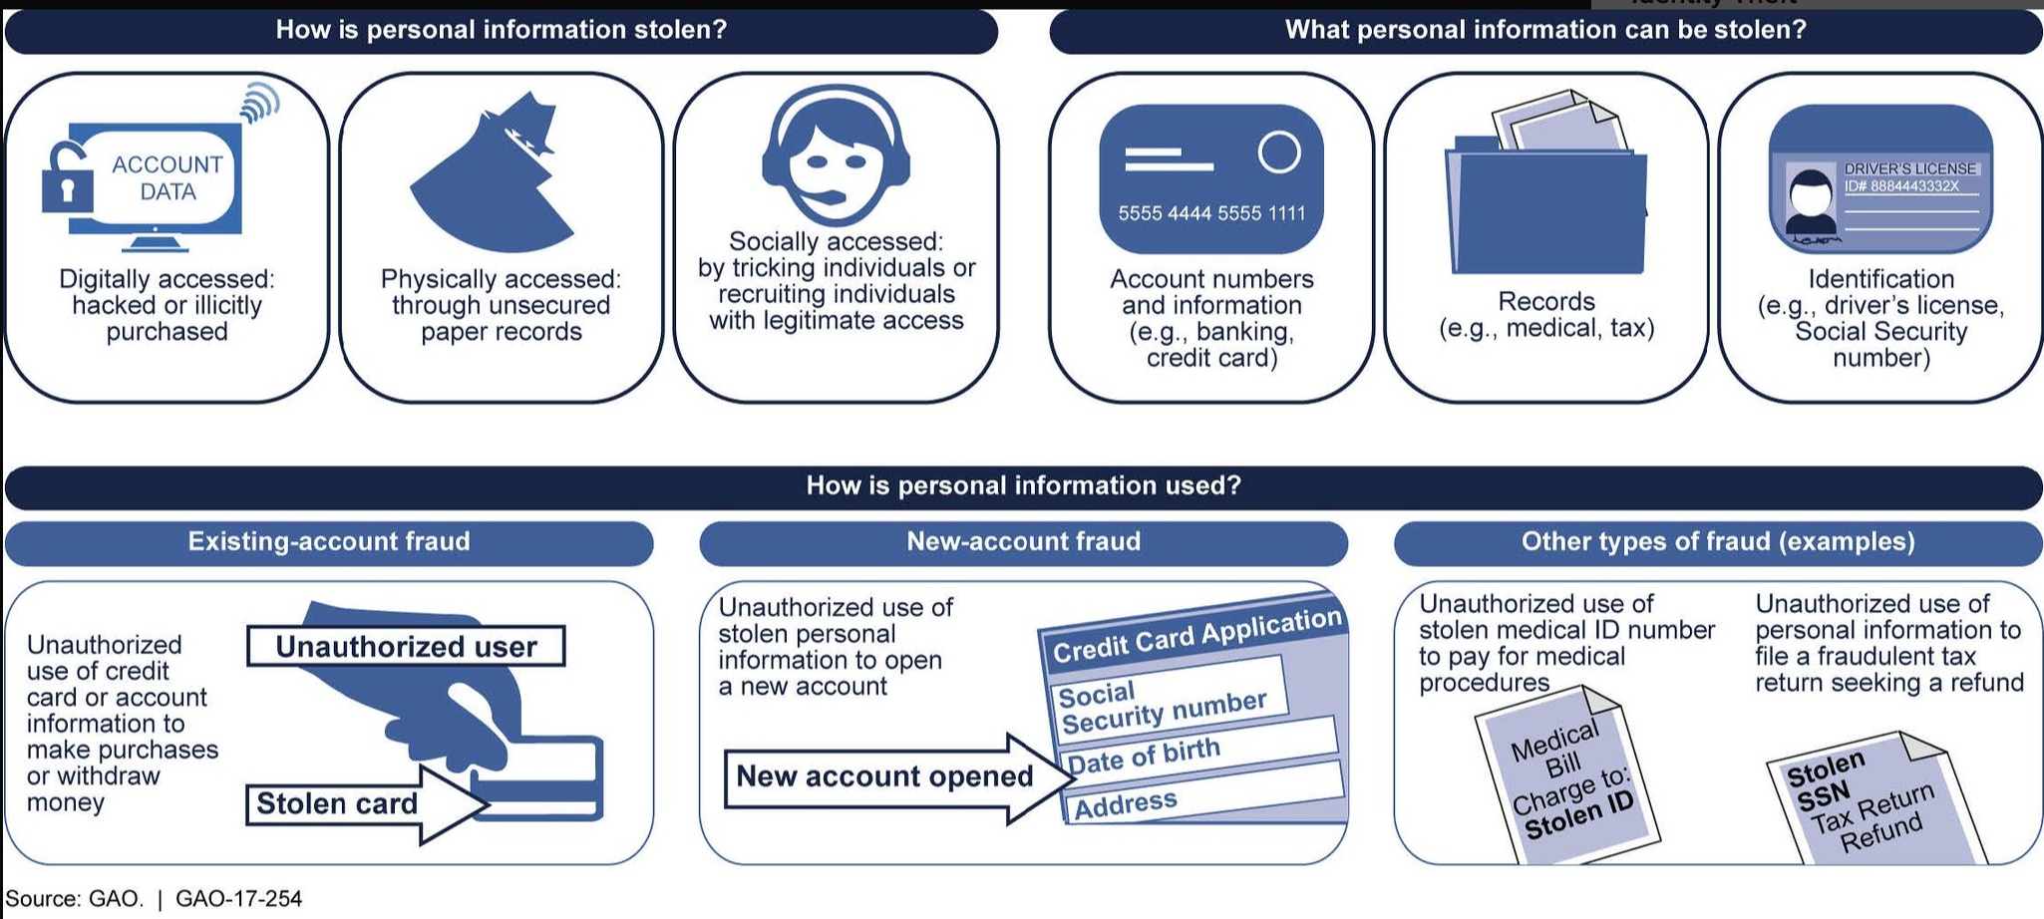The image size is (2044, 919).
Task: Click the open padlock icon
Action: click(67, 179)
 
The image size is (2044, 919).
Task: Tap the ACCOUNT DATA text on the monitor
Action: click(167, 177)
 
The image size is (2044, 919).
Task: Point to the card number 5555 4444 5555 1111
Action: click(1211, 213)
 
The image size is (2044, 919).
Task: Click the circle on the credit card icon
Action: click(1279, 153)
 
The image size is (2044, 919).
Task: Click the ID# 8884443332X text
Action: click(1901, 186)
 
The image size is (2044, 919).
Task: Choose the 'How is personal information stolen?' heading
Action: click(502, 30)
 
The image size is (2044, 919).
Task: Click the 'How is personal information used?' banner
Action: click(1023, 486)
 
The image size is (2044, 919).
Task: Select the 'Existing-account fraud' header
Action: click(329, 542)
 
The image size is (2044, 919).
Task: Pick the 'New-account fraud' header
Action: click(1023, 542)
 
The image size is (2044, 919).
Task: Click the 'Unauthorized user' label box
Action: click(406, 647)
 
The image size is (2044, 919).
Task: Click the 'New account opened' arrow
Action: click(885, 776)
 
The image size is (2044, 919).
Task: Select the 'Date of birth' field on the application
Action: click(1145, 756)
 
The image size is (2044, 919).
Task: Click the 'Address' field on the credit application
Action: click(1126, 803)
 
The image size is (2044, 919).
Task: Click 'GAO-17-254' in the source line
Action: click(238, 899)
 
